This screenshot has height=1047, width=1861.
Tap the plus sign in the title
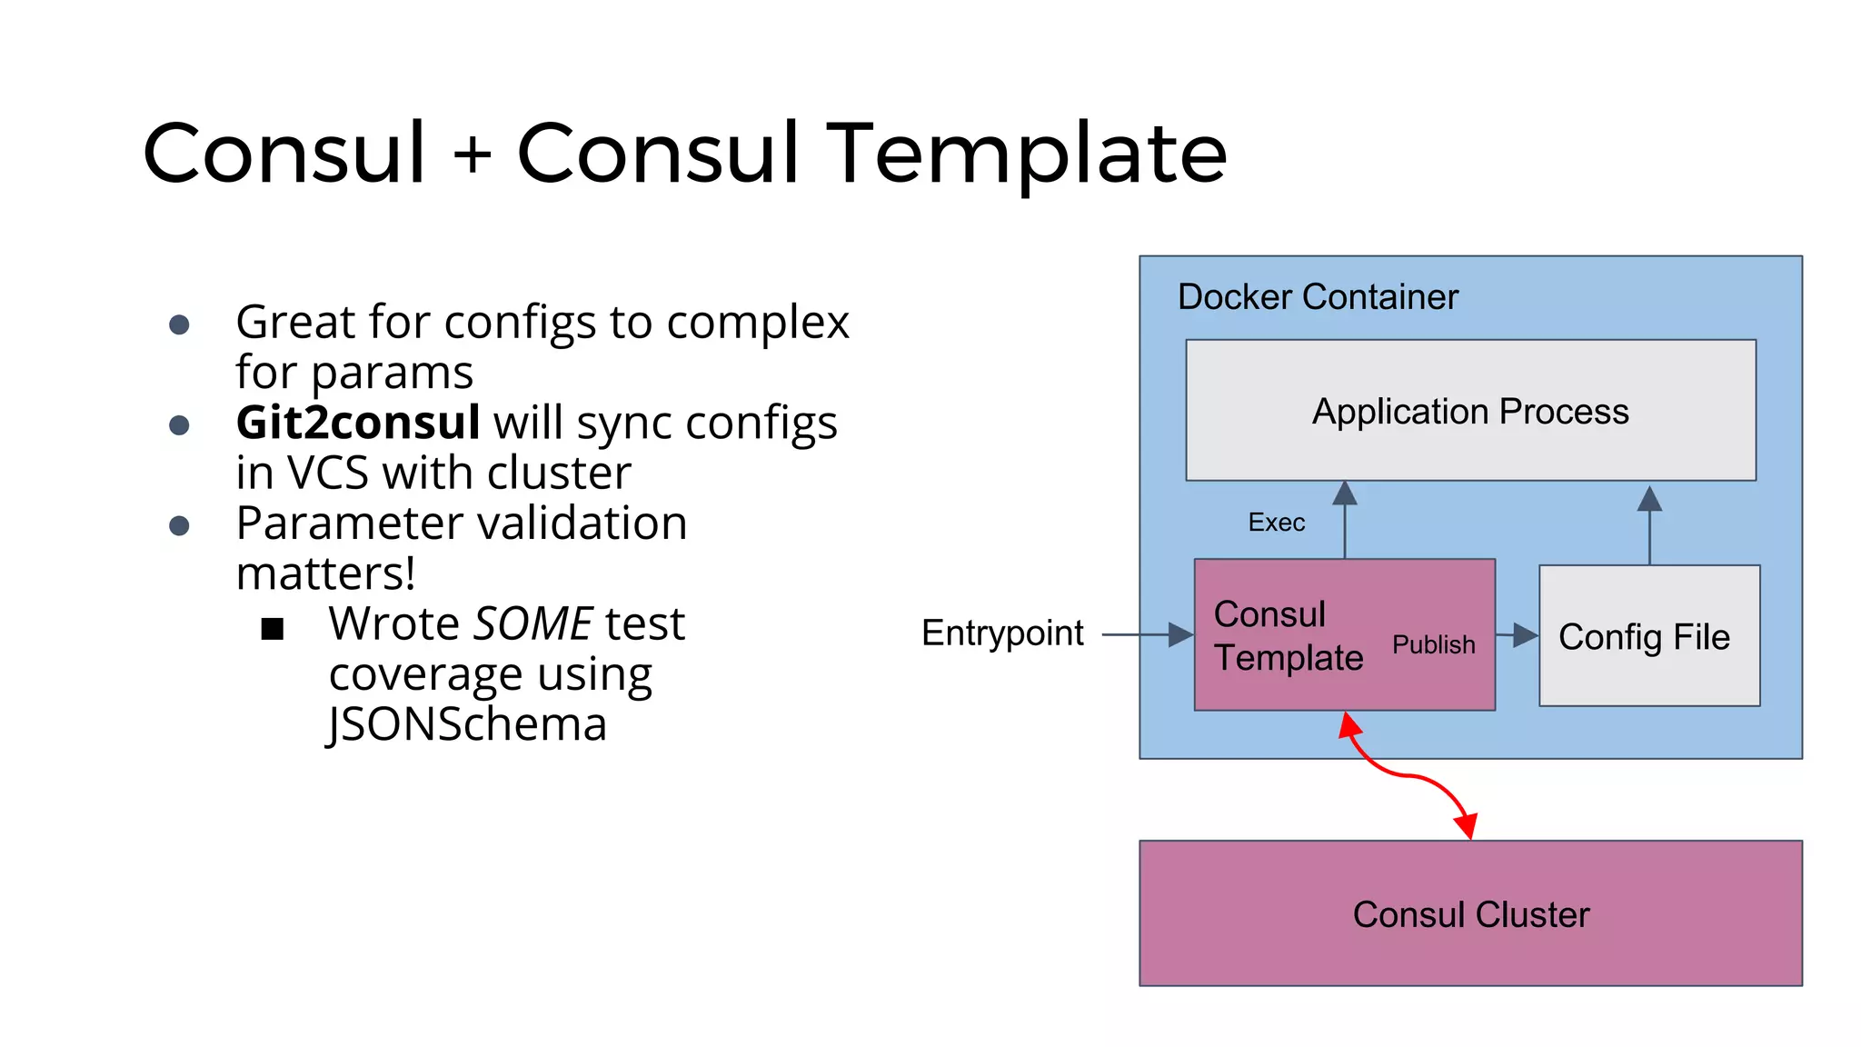[473, 155]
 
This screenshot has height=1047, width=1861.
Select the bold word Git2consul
[358, 423]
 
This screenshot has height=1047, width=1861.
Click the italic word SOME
[533, 624]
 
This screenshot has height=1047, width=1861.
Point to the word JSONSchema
[467, 725]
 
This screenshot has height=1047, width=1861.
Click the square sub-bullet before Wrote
[273, 628]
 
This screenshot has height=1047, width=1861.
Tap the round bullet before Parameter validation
[180, 525]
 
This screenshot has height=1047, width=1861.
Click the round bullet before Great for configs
[180, 324]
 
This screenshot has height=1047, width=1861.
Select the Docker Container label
[1318, 297]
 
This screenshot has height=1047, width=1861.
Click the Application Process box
[1470, 411]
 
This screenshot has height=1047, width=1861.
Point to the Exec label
[1276, 523]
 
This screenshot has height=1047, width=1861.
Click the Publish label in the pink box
[1433, 644]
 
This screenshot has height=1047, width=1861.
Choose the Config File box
[1648, 636]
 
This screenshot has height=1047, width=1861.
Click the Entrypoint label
[1002, 633]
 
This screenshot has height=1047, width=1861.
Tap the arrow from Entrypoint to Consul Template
[1145, 634]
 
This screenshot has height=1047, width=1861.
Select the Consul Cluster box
[1470, 913]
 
